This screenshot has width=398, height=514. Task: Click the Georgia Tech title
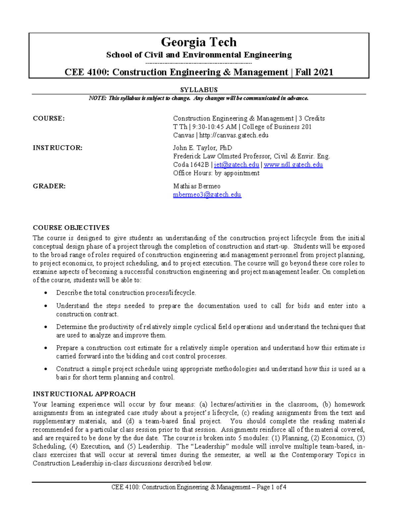pyautogui.click(x=199, y=42)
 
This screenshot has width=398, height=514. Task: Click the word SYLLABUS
pyautogui.click(x=199, y=90)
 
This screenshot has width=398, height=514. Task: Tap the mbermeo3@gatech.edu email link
pyautogui.click(x=207, y=195)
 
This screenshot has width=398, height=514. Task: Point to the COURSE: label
pyautogui.click(x=49, y=118)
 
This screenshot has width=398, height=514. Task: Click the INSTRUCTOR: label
pyautogui.click(x=57, y=148)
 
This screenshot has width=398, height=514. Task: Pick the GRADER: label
pyautogui.click(x=49, y=186)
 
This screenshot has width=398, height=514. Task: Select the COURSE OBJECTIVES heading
pyautogui.click(x=71, y=228)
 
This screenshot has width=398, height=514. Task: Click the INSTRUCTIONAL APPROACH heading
pyautogui.click(x=84, y=394)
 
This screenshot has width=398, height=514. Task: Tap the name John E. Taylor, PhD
pyautogui.click(x=202, y=148)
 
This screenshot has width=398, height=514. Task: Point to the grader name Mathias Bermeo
pyautogui.click(x=197, y=186)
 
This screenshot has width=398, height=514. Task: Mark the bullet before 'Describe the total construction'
pyautogui.click(x=46, y=293)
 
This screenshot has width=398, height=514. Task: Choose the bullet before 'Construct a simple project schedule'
pyautogui.click(x=46, y=369)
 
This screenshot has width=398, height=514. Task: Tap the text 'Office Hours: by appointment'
pyautogui.click(x=216, y=173)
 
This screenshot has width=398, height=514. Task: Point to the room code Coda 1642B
pyautogui.click(x=190, y=165)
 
